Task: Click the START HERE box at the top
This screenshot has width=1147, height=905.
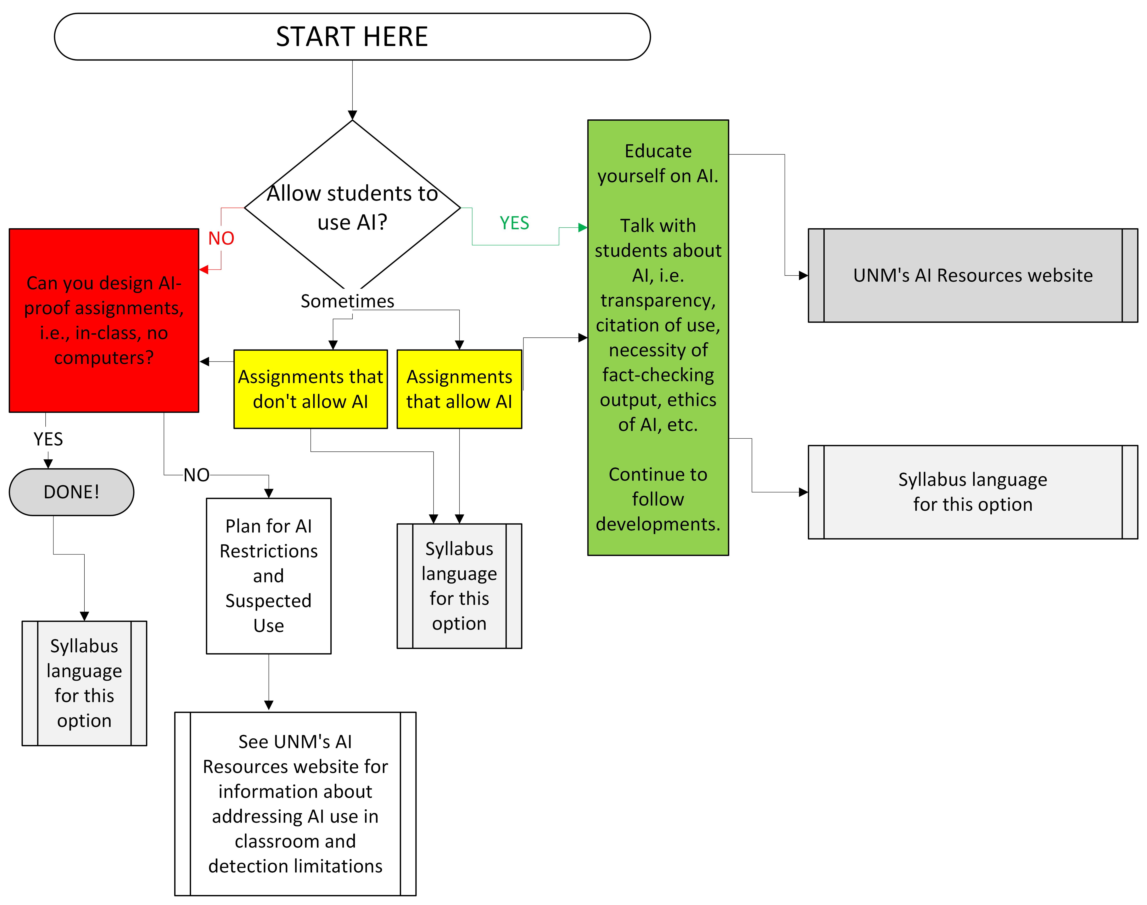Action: coord(352,36)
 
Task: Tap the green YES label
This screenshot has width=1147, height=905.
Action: coord(514,223)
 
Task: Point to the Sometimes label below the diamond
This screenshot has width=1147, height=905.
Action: coord(347,301)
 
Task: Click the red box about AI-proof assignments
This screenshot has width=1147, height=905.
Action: coord(104,321)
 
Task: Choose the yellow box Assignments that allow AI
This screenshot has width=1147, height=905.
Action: coord(459,389)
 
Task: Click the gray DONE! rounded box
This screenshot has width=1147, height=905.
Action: coord(72,492)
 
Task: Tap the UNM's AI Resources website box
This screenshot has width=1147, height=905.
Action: coord(973,275)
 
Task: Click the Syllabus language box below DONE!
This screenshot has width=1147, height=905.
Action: coord(84,684)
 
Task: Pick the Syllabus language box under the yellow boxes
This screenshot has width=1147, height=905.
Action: coord(459,586)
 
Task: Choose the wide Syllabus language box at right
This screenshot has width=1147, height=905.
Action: coord(973,492)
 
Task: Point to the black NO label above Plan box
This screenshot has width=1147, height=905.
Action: coord(196,475)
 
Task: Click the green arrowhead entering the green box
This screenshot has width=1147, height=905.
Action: coord(583,228)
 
